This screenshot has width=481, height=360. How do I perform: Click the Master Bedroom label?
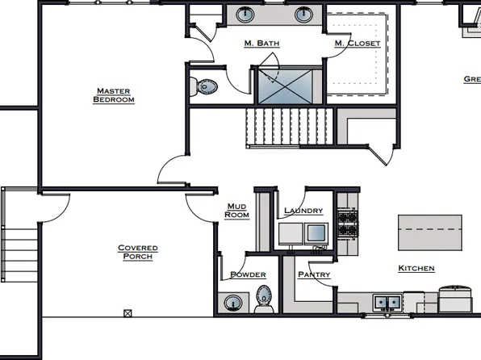(114, 95)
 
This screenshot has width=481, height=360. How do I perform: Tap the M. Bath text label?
(261, 43)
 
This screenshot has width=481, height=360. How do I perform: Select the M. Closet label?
(358, 43)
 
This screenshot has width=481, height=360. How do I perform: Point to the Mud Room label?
(237, 211)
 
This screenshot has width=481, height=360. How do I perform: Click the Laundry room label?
(303, 211)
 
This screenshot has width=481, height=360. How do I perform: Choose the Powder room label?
(249, 274)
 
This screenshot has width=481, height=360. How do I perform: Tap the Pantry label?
(314, 274)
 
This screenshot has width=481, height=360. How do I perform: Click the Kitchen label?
(416, 268)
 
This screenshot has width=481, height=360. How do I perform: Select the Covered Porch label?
(137, 252)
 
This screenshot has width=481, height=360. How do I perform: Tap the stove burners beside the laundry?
(347, 224)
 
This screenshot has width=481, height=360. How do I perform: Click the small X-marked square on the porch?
(128, 312)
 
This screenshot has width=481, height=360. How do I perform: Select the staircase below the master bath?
(289, 128)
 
